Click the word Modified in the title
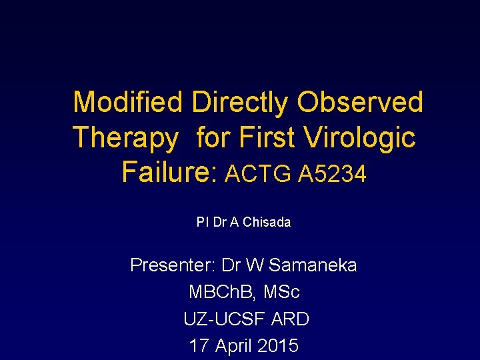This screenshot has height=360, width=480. (x=127, y=103)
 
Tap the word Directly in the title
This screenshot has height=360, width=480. (x=240, y=103)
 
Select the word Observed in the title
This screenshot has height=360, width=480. (x=360, y=103)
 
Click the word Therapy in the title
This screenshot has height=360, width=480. (x=126, y=139)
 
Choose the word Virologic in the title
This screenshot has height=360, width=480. (x=359, y=138)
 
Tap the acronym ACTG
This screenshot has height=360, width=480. (x=259, y=175)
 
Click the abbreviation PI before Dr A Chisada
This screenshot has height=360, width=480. (x=203, y=223)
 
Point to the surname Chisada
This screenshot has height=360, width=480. (x=266, y=223)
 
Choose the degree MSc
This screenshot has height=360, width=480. (x=283, y=292)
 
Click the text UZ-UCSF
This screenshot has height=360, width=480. (x=226, y=319)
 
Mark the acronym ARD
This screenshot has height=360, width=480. (x=291, y=319)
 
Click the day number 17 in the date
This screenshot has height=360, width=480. (x=199, y=346)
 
